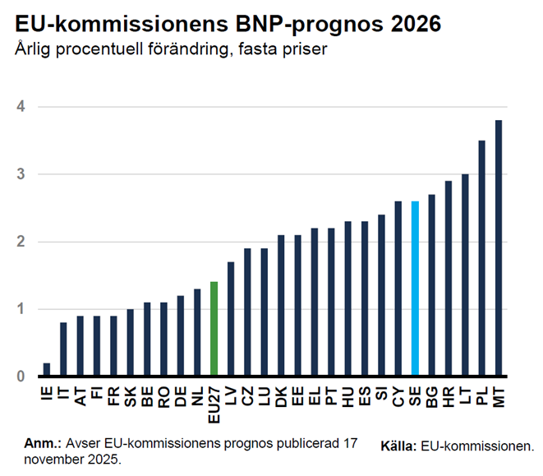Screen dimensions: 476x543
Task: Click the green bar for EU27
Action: [214, 329]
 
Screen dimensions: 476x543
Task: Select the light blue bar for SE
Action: [415, 289]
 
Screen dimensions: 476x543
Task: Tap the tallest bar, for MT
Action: [499, 248]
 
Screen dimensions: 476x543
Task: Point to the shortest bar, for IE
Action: [46, 370]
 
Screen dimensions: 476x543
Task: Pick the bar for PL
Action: [482, 258]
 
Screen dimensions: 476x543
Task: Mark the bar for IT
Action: [63, 349]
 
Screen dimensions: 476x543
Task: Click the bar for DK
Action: [281, 306]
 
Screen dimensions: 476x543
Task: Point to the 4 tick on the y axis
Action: [20, 107]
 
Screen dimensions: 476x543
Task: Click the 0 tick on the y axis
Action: [20, 377]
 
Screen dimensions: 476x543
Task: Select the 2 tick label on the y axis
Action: [20, 242]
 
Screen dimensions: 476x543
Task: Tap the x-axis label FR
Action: [113, 395]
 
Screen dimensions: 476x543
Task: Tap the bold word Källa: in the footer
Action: [398, 446]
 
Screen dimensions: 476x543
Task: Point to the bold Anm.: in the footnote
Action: [43, 442]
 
